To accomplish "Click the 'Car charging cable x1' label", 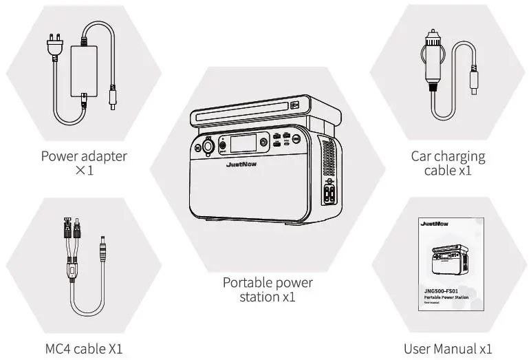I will point(448,163).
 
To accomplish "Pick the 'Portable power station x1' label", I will point(268,290).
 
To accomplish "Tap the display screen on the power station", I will point(243,144).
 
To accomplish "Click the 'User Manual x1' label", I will point(448,348).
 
